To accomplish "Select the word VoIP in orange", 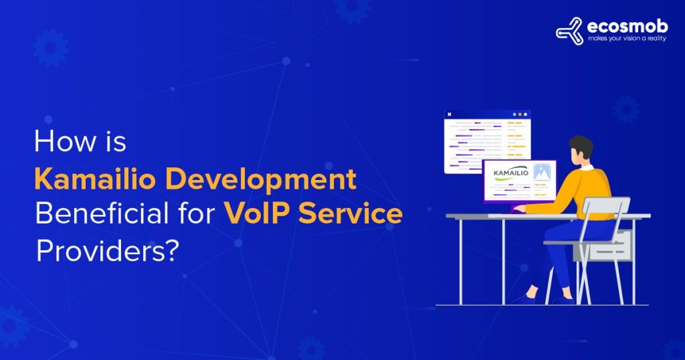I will [258, 214].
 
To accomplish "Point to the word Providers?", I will [108, 250].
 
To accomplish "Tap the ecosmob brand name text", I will [619, 27].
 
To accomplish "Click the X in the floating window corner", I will [449, 114].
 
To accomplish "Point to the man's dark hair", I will [581, 145].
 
